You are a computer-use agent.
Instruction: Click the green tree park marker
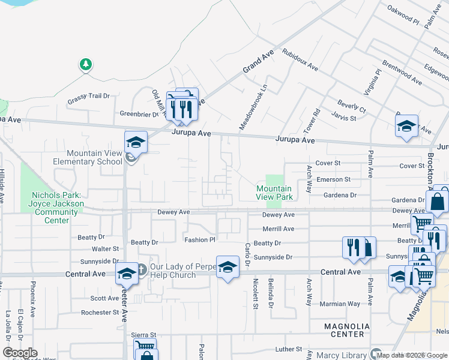[x=86, y=64]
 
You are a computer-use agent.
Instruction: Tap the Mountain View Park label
[x=274, y=193]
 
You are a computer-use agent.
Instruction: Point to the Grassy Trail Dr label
[x=89, y=95]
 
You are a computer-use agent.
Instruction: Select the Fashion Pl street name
[x=199, y=239]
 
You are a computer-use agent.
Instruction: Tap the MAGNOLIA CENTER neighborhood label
[x=343, y=330]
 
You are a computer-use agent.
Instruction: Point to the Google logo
[x=20, y=353]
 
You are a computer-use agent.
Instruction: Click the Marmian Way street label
[x=340, y=304]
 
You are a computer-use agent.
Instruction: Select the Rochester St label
[x=100, y=313]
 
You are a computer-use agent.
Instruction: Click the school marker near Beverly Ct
[x=406, y=127]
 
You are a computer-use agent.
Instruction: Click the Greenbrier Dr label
[x=139, y=113]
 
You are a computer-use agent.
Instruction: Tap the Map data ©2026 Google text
[x=412, y=355]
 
